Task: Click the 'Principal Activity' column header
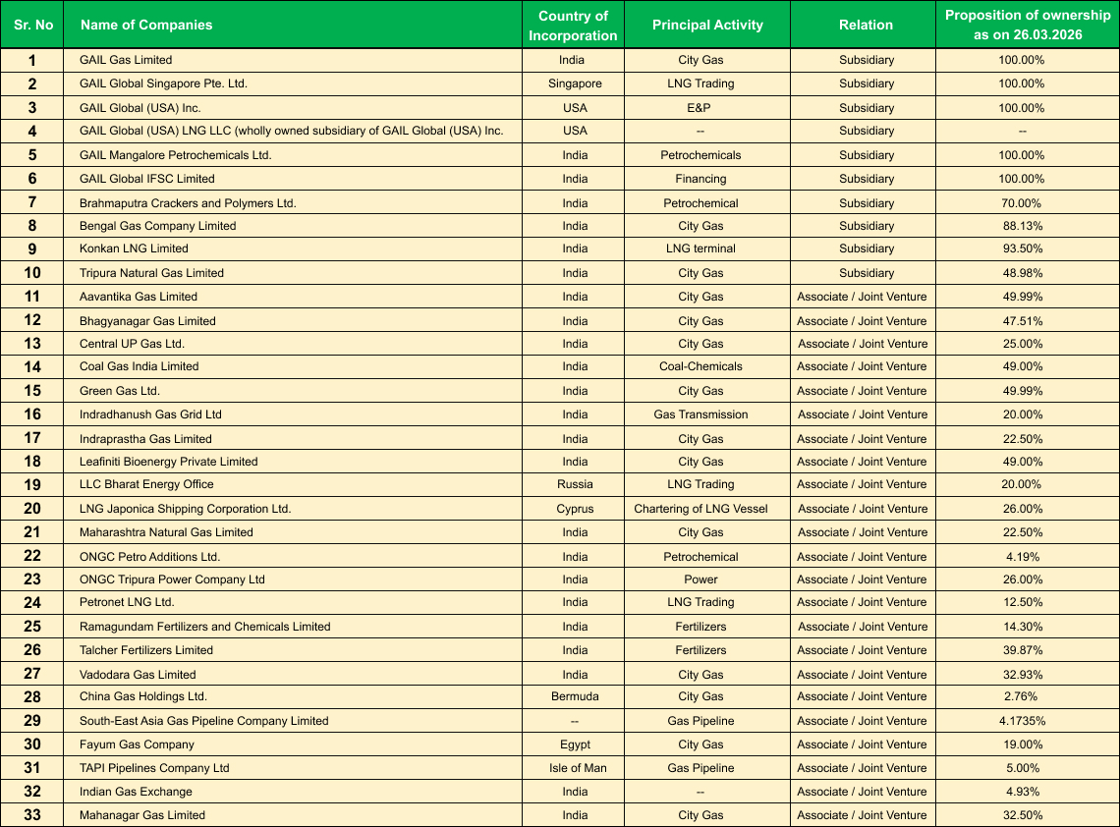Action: [707, 25]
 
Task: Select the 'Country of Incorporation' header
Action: [573, 26]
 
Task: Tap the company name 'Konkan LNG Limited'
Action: [134, 248]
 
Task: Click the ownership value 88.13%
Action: [1022, 226]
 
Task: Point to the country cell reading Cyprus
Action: [575, 509]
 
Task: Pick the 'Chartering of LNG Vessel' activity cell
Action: [700, 509]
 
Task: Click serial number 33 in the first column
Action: [32, 815]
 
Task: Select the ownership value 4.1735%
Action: [1022, 721]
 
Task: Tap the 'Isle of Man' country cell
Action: [575, 768]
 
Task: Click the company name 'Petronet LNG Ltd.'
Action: [127, 602]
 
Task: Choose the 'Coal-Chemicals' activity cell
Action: [700, 366]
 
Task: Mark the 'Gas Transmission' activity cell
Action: [700, 414]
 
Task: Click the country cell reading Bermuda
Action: [575, 696]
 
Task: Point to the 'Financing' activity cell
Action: [700, 179]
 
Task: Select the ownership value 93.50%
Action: [1022, 248]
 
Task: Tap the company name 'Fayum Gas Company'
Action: [137, 744]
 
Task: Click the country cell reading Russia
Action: [575, 484]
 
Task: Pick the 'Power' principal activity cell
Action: [700, 579]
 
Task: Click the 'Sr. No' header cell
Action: [33, 25]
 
